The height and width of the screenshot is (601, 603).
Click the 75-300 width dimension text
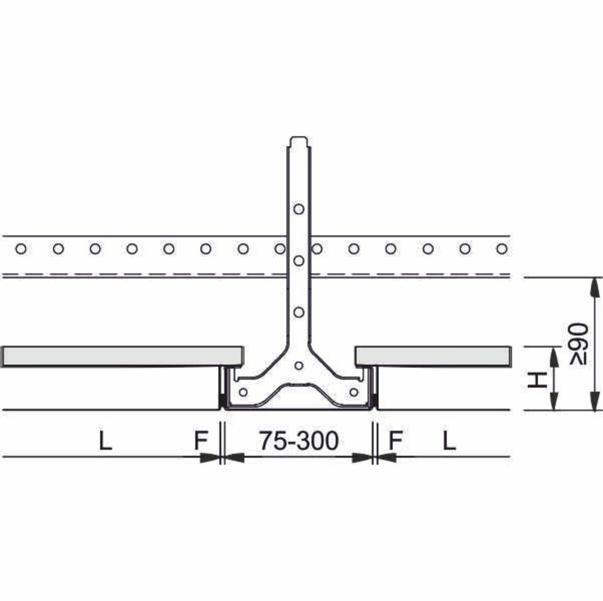point(299,441)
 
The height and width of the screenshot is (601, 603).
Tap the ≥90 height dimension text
point(579,344)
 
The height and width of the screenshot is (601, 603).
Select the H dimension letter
point(537,380)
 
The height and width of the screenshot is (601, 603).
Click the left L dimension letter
point(106,441)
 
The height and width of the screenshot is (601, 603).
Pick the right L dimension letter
point(448,441)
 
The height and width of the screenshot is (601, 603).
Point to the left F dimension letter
point(201,441)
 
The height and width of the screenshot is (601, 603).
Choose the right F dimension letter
point(395,441)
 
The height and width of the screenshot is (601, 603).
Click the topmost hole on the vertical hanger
point(299,209)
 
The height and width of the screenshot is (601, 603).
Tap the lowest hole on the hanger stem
point(299,312)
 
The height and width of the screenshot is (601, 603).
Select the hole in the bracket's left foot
point(243,392)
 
